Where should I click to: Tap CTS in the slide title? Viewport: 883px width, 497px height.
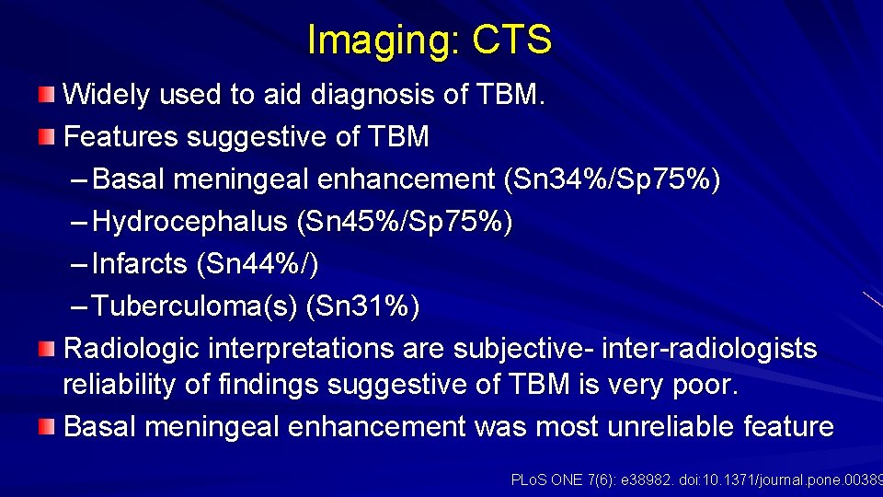(x=512, y=40)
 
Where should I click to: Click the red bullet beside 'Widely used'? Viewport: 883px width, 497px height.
(x=46, y=94)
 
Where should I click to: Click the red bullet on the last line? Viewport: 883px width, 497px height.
(x=46, y=427)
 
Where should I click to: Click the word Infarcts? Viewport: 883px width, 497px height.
(x=142, y=265)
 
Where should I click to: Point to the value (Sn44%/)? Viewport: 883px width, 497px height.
(x=258, y=265)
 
